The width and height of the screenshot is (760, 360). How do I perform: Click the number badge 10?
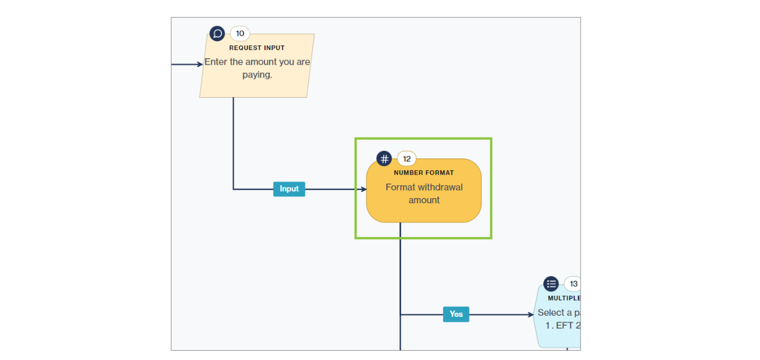click(x=240, y=34)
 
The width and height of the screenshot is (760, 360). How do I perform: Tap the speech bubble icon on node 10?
click(x=217, y=34)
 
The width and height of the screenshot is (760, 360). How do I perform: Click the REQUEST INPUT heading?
click(x=257, y=48)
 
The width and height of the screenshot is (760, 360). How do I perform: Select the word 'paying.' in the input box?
click(x=257, y=75)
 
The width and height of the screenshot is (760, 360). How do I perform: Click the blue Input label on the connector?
click(x=289, y=189)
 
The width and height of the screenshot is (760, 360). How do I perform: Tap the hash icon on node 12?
click(x=384, y=158)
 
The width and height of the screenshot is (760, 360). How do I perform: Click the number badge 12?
click(x=406, y=158)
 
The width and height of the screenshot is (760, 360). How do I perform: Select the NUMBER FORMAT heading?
click(x=423, y=172)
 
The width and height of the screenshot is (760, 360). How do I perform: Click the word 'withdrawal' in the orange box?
click(x=441, y=187)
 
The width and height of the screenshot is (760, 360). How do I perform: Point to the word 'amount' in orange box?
click(x=424, y=200)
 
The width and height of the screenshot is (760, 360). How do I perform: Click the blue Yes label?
click(x=456, y=315)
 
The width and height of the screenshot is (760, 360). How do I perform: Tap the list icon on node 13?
click(x=551, y=284)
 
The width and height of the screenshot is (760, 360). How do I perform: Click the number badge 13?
click(x=573, y=284)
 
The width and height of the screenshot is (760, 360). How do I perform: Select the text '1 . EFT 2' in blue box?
click(x=563, y=326)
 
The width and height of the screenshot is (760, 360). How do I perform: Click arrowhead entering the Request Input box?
click(x=200, y=64)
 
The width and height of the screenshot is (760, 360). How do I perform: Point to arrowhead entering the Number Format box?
click(x=363, y=189)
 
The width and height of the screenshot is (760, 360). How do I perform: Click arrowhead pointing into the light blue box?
click(x=531, y=315)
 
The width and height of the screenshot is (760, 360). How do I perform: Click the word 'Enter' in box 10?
click(x=215, y=62)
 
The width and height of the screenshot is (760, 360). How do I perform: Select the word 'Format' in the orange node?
click(x=400, y=187)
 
